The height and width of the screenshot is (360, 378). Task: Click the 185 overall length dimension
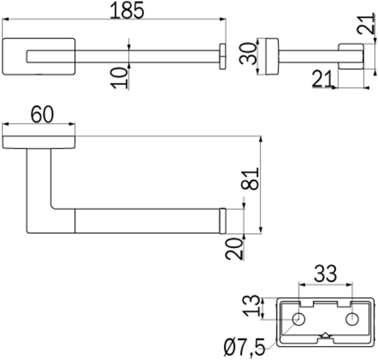point(127,10)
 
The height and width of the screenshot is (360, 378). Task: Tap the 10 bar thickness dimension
point(119,78)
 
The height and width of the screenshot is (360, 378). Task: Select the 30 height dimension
point(248,54)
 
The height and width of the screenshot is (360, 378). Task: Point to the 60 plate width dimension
point(42,115)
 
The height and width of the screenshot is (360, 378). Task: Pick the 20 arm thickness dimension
point(234,249)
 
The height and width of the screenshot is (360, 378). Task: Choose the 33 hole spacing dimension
point(325,274)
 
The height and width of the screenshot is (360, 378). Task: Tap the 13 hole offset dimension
point(251,306)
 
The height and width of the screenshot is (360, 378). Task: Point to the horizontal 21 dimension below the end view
point(322,79)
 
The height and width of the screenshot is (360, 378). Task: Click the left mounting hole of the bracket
point(299,319)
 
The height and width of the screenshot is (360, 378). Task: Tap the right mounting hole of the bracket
point(352,319)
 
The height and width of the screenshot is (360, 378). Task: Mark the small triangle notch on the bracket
point(325,335)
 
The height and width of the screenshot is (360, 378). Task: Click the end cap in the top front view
point(223,56)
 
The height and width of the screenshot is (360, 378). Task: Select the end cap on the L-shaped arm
point(223,221)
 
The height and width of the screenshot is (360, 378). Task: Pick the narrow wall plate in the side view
point(272,56)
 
